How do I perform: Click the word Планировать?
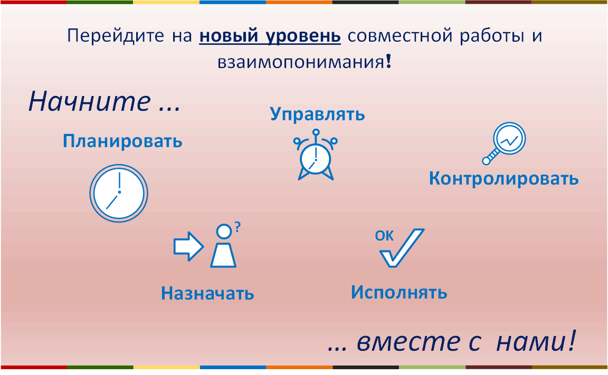click(122, 141)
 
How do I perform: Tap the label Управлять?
click(318, 114)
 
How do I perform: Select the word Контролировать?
click(503, 179)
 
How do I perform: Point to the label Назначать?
click(207, 293)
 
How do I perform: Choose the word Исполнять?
click(399, 292)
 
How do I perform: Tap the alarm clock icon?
click(316, 155)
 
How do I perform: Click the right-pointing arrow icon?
click(188, 246)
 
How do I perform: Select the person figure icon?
click(223, 246)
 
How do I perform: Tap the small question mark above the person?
click(237, 227)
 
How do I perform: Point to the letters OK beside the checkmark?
click(384, 236)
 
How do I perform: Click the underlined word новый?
click(229, 36)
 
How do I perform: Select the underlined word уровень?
click(303, 36)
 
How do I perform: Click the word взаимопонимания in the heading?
click(301, 62)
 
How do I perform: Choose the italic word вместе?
click(408, 342)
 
